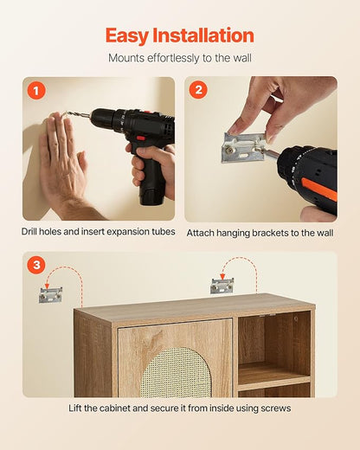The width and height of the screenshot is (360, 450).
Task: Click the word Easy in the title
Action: pos(127,36)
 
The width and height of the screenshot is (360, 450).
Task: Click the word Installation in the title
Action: pos(203,35)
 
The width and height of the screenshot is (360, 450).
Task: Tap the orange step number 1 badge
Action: pos(36,91)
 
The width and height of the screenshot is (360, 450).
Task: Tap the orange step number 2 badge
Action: pos(198,90)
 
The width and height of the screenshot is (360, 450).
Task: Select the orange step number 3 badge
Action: pos(36,265)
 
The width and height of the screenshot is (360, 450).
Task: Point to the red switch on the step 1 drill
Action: pos(141,138)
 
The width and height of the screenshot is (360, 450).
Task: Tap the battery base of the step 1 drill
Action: pos(152,195)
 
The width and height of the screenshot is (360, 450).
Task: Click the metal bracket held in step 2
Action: pos(244,147)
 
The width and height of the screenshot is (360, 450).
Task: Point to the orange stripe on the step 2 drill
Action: pos(318,189)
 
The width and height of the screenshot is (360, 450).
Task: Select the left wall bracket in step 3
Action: pos(50,295)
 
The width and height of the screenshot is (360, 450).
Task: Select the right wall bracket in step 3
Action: pos(222,286)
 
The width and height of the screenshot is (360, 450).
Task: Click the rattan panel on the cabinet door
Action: pos(176,373)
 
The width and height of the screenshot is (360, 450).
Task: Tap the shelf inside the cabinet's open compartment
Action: pos(274,375)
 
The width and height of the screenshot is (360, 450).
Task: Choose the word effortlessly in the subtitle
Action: pos(173,58)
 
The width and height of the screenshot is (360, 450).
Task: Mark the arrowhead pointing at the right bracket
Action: pos(222,277)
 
